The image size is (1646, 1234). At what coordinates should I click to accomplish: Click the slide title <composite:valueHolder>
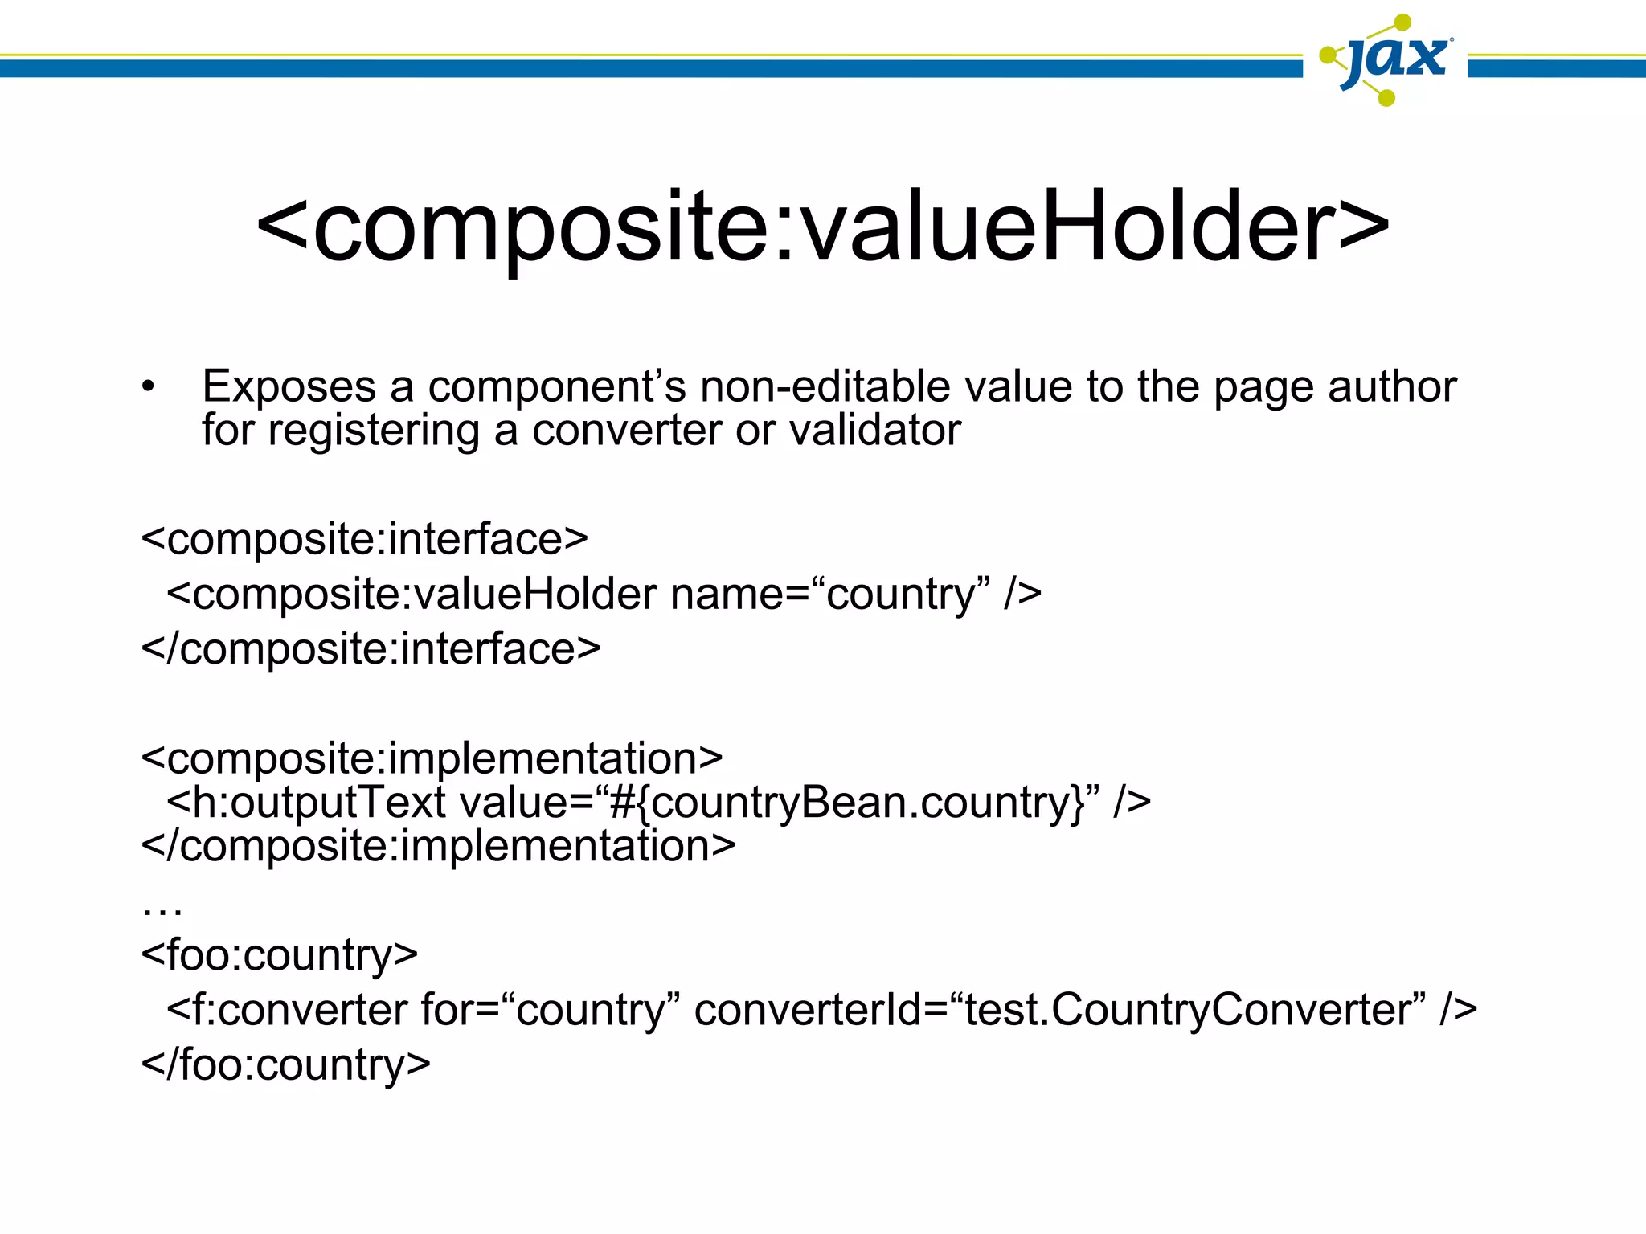[822, 227]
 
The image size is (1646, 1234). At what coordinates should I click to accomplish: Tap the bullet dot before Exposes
[147, 387]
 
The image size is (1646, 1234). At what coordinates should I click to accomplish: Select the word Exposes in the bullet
[289, 387]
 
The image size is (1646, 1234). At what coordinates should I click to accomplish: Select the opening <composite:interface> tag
[364, 539]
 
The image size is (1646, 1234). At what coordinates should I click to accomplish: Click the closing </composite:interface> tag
[371, 649]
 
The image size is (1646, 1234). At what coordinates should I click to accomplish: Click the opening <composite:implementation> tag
[432, 758]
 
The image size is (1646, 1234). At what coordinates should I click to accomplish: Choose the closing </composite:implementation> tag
[438, 846]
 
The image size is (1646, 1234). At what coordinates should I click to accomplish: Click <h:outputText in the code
[305, 803]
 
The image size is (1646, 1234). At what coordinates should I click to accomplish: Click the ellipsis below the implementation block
[162, 909]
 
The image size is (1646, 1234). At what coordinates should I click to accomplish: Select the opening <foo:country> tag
[279, 955]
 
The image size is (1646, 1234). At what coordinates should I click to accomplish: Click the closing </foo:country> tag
[285, 1065]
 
